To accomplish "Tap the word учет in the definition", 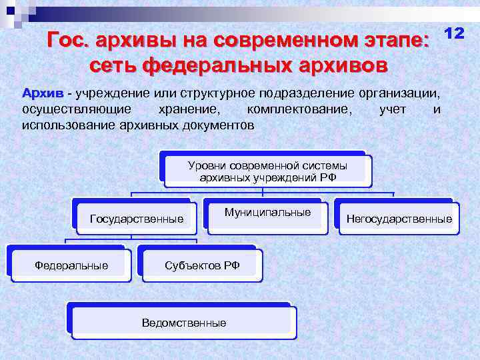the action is click(393, 109).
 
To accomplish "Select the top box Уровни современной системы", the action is click(267, 171).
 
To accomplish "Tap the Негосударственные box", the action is click(399, 219).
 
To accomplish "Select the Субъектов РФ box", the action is click(202, 265).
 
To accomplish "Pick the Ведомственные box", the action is click(183, 323).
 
